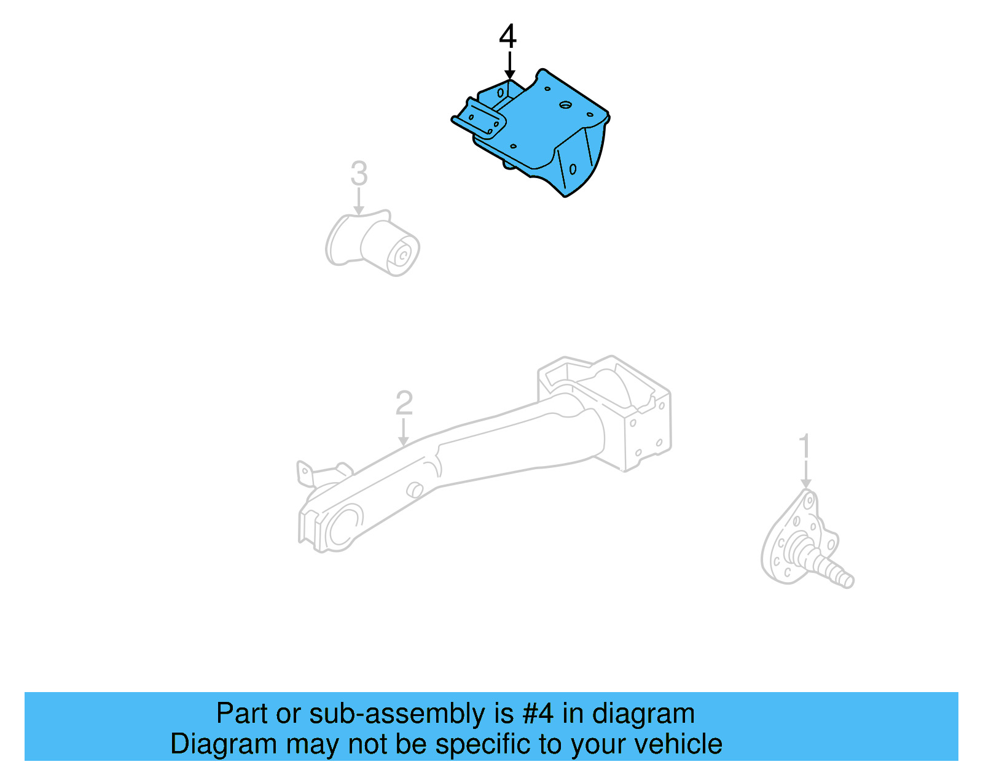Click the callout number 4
point(507,37)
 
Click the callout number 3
point(359,173)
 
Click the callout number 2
point(404,403)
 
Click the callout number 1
point(805,446)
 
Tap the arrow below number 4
point(509,66)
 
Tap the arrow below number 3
point(359,201)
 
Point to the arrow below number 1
point(805,475)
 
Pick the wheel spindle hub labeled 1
point(799,540)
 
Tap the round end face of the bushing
point(403,255)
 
